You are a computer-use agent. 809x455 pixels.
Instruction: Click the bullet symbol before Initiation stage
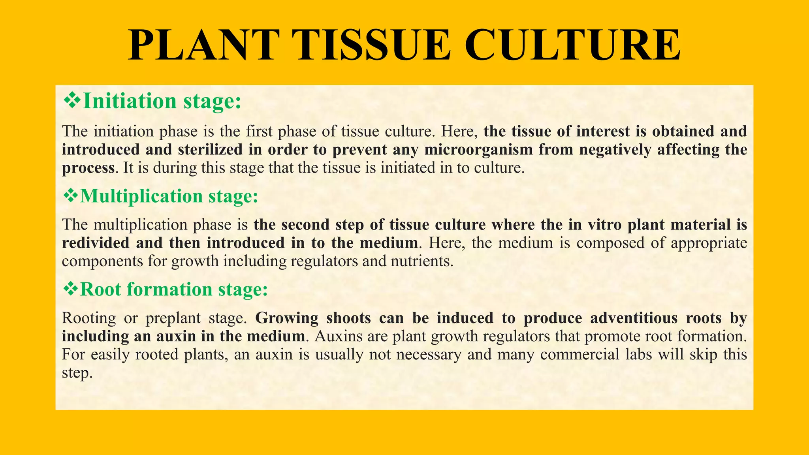click(72, 100)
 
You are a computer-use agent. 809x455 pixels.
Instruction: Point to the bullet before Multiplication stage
click(71, 196)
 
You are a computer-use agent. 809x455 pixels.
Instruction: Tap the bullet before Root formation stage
click(71, 289)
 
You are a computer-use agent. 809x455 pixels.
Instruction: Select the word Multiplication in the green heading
click(141, 196)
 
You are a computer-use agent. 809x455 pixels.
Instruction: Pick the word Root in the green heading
click(100, 289)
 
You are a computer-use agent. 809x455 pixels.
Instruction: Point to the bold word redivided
click(96, 243)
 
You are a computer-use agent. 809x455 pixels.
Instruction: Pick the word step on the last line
click(77, 373)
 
